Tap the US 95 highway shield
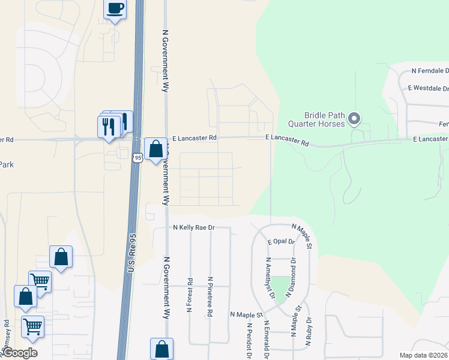pos(137,157)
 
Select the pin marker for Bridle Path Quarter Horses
pos(354,119)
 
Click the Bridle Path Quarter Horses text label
pos(324,119)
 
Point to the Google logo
pos(20,353)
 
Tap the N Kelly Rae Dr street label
pos(193,228)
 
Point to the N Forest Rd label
pos(190,295)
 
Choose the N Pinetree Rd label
pos(210,296)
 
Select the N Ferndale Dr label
pos(430,71)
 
